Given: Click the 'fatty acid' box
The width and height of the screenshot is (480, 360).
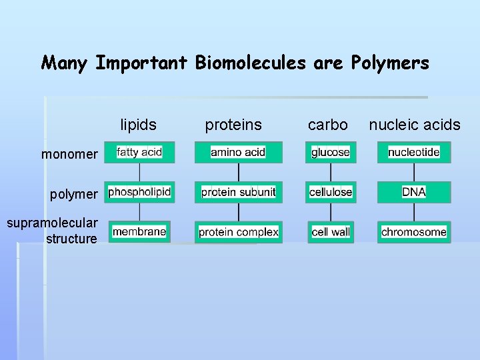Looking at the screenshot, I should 139,152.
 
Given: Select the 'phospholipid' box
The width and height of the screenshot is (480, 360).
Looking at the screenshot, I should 139,192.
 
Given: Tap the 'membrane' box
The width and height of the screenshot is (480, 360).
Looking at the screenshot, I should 139,231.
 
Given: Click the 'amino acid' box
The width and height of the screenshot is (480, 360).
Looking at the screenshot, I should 238,152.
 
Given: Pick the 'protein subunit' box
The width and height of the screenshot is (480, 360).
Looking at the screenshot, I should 238,192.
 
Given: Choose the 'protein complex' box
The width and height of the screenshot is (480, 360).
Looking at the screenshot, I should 238,232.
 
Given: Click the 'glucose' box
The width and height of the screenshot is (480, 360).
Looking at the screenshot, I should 331,152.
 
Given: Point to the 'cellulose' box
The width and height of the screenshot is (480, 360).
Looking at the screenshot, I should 331,192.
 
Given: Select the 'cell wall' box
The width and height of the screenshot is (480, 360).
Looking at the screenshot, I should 331,232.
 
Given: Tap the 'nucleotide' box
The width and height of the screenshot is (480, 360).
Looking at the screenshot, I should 414,152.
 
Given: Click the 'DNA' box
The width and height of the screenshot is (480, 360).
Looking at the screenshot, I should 414,192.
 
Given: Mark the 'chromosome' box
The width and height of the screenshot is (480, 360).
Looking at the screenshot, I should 414,232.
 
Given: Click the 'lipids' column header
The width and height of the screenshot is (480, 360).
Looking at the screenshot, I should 138,125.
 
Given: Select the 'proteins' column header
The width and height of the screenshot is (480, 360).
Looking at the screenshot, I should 233,125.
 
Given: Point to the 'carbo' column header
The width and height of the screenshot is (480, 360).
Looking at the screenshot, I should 327,125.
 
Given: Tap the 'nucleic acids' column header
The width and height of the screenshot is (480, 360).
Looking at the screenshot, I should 415,125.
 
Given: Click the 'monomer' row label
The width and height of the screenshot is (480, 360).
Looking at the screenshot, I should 69,155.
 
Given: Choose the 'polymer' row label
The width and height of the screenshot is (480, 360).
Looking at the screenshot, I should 73,195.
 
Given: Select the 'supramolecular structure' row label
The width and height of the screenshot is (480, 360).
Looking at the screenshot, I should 53,231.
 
